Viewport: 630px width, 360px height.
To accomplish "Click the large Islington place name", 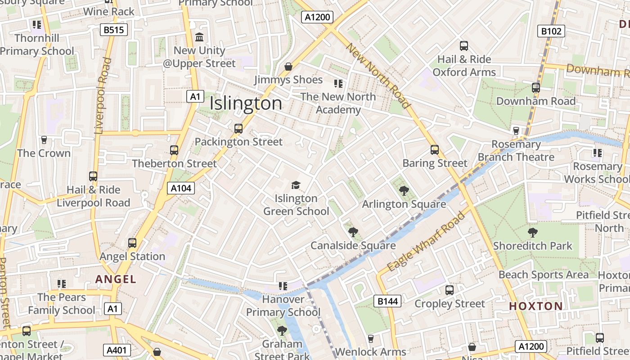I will (246, 103).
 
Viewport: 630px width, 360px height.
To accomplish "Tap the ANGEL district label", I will (116, 279).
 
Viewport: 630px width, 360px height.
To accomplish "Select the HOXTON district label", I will (535, 306).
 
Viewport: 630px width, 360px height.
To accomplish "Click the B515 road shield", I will (114, 30).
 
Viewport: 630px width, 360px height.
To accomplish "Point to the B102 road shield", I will (551, 31).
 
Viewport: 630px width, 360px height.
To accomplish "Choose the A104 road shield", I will (181, 188).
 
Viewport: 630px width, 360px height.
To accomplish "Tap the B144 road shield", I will (387, 301).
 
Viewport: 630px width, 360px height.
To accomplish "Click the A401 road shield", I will (117, 350).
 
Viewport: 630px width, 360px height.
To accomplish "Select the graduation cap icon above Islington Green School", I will (296, 185).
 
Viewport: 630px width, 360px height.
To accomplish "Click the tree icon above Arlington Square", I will (404, 191).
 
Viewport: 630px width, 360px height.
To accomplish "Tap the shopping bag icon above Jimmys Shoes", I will (288, 67).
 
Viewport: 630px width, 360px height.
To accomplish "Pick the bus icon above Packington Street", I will (238, 129).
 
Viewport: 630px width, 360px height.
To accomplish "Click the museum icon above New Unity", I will (199, 37).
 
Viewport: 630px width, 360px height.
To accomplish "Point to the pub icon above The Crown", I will (44, 140).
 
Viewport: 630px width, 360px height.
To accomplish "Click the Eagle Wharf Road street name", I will (426, 242).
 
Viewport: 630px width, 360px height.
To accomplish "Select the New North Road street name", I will (378, 76).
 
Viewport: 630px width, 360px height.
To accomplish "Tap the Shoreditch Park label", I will (532, 246).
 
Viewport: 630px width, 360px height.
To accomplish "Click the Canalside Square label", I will (353, 245).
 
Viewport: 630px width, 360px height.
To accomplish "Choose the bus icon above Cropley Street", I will (449, 290).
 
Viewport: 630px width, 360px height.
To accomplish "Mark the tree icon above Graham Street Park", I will (282, 331).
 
